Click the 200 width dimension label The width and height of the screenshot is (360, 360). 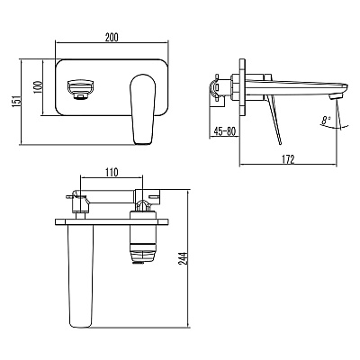(112, 37)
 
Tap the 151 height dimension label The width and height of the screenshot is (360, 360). (15, 101)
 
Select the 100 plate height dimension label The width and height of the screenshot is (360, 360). (37, 86)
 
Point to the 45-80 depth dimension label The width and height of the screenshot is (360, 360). (225, 131)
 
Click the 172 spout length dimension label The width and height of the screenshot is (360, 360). (288, 159)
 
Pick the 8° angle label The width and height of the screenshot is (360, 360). (325, 121)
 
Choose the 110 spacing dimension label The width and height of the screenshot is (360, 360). (112, 172)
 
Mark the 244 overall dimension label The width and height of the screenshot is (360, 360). (183, 258)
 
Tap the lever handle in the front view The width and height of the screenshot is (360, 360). (143, 109)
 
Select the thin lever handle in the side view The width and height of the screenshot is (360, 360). (275, 120)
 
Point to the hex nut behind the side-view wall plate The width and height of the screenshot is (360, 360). (235, 87)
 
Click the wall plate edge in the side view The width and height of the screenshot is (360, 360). (242, 87)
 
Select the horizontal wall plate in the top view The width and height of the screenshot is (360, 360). (112, 222)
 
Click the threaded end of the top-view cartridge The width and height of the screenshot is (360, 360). (139, 262)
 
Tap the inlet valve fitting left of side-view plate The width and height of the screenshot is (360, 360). (216, 87)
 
